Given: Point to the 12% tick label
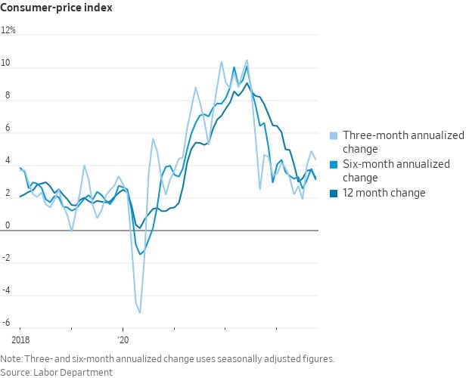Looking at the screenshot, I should pyautogui.click(x=8, y=31).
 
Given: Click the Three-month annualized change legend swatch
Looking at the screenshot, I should pyautogui.click(x=334, y=136).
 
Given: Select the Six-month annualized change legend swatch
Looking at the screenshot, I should pyautogui.click(x=334, y=164).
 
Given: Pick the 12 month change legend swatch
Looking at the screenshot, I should pyautogui.click(x=334, y=193).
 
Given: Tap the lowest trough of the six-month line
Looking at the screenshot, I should pyautogui.click(x=140, y=254).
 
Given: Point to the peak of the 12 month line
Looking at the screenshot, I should pyautogui.click(x=247, y=83).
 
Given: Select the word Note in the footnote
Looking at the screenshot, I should pyautogui.click(x=11, y=358).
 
